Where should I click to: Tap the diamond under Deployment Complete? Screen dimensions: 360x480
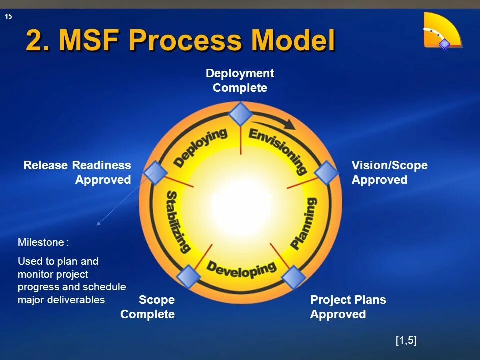[x=241, y=114]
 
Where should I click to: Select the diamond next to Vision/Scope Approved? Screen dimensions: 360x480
[x=327, y=173]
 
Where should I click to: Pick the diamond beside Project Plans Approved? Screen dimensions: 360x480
[x=294, y=277]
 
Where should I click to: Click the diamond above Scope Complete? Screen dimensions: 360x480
[x=188, y=277]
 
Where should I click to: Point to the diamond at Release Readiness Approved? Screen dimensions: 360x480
[x=155, y=173]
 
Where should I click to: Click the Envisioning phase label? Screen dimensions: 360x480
[x=278, y=150]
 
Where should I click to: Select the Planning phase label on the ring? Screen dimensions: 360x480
[x=304, y=223]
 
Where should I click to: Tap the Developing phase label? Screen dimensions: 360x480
[x=241, y=269]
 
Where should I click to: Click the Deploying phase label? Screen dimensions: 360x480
[x=200, y=148]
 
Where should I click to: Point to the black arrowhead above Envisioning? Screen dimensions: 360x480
[x=289, y=124]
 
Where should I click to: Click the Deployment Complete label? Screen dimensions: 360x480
[x=240, y=81]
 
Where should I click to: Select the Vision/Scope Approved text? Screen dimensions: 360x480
[x=389, y=172]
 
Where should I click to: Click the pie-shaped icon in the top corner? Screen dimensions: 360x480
[x=441, y=31]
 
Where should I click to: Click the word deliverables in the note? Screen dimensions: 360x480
[x=80, y=300]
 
